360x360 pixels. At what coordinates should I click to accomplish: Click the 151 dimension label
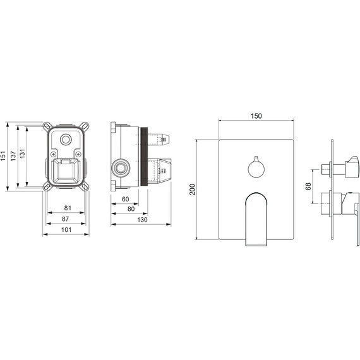3,156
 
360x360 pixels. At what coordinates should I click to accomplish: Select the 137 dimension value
13,156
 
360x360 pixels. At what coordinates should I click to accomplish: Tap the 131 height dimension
22,153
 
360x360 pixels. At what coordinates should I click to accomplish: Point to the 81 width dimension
68,208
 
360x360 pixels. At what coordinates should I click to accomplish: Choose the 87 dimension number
65,219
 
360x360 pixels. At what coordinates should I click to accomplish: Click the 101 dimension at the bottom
66,230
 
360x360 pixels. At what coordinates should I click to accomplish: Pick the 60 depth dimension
125,199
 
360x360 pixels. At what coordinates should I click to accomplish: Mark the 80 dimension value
131,209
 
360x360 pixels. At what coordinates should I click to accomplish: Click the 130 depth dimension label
142,220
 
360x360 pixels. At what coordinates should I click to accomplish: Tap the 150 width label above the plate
256,116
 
